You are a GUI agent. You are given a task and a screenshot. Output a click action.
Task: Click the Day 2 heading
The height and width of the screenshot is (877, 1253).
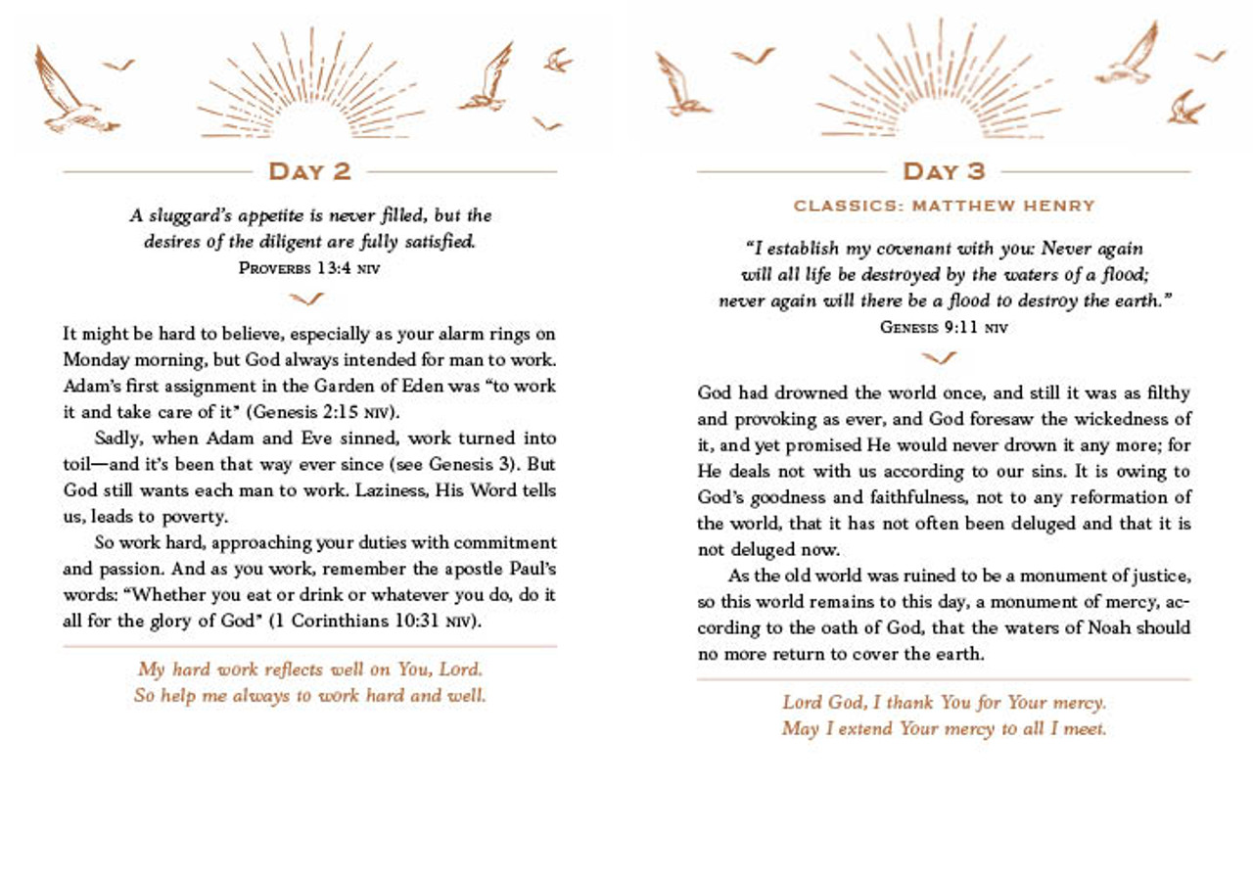point(309,171)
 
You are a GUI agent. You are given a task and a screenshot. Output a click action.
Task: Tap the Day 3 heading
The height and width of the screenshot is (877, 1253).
point(943,171)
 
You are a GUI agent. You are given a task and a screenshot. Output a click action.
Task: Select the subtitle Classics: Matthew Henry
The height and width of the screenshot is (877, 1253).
point(944,206)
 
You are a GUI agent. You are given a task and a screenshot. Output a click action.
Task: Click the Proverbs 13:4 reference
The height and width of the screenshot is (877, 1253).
point(308,267)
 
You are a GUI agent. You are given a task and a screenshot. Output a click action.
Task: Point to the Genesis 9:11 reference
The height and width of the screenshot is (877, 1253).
point(943,327)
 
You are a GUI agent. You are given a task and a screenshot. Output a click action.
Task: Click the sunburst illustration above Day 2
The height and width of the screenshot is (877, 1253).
point(311,88)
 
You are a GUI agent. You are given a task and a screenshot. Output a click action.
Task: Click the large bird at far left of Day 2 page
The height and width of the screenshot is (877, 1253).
point(70,93)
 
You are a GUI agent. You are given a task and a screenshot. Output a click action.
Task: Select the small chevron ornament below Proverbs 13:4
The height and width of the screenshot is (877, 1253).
point(308,298)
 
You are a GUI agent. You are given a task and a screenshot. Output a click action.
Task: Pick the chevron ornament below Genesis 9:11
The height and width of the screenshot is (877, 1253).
point(940,357)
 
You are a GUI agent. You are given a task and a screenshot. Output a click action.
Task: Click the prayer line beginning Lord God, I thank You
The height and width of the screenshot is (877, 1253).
point(944,703)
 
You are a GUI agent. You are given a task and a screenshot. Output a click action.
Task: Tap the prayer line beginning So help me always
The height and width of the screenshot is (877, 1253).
point(309,696)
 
